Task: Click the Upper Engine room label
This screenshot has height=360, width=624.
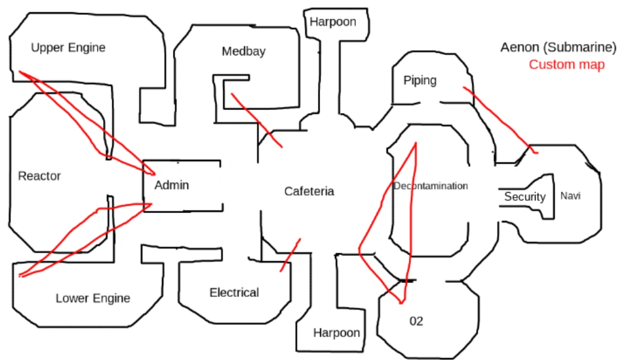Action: [68, 48]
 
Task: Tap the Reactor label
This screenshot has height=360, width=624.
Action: [40, 176]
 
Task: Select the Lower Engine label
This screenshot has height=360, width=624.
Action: [93, 298]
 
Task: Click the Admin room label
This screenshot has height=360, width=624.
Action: [172, 185]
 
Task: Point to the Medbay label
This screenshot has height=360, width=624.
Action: [243, 51]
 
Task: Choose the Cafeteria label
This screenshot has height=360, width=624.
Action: [309, 191]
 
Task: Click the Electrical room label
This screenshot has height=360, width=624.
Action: [234, 293]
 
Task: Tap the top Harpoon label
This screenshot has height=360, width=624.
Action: [333, 22]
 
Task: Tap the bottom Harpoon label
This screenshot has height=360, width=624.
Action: [336, 333]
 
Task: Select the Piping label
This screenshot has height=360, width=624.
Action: [420, 80]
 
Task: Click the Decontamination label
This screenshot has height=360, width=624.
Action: [431, 186]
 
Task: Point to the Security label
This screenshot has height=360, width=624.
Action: [525, 197]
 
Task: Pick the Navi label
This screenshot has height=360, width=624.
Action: [570, 196]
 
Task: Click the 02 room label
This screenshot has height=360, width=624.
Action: [416, 322]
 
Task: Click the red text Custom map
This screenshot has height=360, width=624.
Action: [567, 65]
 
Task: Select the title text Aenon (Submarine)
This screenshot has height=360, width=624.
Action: [558, 48]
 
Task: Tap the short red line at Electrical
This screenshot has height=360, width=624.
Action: [290, 254]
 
